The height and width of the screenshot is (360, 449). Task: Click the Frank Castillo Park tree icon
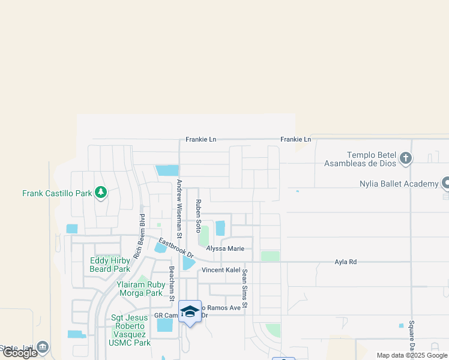coord(101,193)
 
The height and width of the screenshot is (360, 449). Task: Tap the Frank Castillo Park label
coord(57,193)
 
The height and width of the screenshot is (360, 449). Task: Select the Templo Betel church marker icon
coord(406,158)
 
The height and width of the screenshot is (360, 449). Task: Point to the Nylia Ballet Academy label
coord(398,184)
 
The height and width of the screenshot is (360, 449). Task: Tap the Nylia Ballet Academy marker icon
coord(446,182)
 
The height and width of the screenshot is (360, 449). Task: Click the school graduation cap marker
coord(190,311)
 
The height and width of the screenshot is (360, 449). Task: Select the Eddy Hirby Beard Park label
coord(110,265)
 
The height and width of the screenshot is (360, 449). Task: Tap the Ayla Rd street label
coord(346,262)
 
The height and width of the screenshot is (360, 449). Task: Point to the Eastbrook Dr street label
coord(176,247)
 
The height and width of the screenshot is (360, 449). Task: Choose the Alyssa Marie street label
coord(225,248)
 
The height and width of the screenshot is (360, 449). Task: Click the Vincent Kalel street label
coord(220,270)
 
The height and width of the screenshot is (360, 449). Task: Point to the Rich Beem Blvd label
coord(139,236)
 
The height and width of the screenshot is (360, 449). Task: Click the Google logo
coord(20,353)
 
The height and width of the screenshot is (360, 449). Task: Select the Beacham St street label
coord(171,284)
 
